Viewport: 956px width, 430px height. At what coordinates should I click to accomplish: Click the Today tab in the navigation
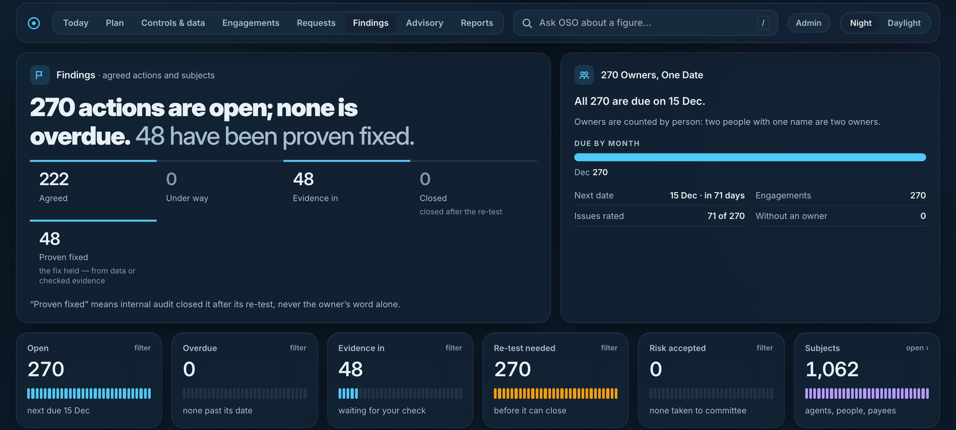click(x=76, y=23)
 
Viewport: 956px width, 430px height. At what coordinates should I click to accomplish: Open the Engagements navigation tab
click(x=251, y=23)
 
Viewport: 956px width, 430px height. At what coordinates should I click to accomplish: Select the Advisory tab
click(x=424, y=23)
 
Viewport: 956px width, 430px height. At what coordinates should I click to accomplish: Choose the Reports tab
click(x=477, y=23)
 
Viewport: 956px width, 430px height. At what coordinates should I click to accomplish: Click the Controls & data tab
click(x=173, y=23)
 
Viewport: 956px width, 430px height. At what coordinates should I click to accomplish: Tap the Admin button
click(x=808, y=23)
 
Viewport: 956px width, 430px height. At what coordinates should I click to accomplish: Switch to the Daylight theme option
click(x=904, y=23)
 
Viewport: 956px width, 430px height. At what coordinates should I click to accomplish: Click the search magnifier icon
click(x=527, y=23)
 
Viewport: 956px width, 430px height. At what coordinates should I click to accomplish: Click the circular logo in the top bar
click(x=34, y=23)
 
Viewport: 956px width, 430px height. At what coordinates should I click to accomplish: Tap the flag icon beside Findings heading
click(x=39, y=75)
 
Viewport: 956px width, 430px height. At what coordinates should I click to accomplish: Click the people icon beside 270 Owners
click(x=584, y=75)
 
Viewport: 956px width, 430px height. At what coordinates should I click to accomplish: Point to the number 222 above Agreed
click(x=54, y=179)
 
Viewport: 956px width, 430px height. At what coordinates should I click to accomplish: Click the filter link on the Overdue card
click(x=298, y=348)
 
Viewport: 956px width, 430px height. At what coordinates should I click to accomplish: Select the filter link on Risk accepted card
click(x=765, y=348)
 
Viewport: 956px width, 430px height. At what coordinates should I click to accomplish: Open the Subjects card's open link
click(x=917, y=348)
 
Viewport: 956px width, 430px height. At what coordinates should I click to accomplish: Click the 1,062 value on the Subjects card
click(x=832, y=369)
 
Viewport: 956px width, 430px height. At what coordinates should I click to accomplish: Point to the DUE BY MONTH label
click(x=607, y=143)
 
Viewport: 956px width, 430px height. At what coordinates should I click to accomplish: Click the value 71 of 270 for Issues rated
click(x=726, y=216)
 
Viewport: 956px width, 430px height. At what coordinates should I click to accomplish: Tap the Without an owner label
click(x=791, y=216)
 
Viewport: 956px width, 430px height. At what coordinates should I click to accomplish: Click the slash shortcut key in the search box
click(x=763, y=23)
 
